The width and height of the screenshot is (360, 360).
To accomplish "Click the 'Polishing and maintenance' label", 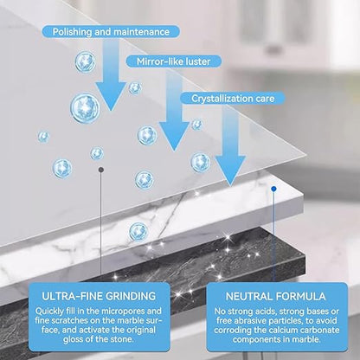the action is coord(111,32).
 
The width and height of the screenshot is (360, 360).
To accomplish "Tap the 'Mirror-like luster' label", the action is coord(173,61).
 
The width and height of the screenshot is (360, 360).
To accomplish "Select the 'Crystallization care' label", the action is coord(233,99).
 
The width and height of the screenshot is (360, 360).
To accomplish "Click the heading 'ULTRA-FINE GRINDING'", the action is coord(99,296).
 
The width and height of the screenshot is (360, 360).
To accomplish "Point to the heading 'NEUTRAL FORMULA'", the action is coord(276,296).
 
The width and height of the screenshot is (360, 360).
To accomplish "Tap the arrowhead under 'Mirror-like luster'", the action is coord(174,137).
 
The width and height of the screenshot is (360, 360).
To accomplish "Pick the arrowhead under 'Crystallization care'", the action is coord(230,170).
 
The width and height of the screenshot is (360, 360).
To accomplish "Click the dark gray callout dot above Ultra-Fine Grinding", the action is coord(101,170).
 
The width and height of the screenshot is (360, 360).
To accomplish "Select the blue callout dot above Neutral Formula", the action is coord(273,189).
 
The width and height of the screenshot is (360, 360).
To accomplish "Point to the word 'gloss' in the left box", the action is coord(74,339).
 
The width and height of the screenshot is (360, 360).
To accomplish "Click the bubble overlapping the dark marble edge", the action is coord(138,231).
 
